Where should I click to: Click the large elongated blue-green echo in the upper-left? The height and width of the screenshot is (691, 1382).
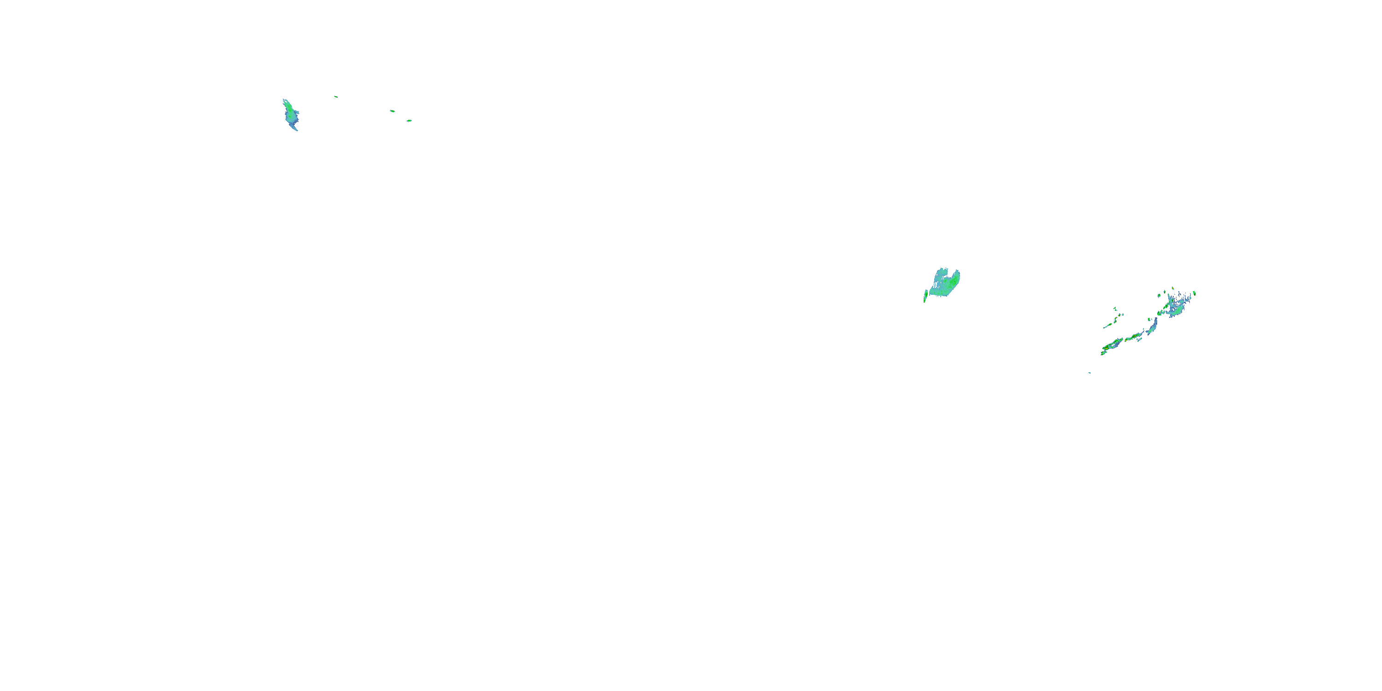click(290, 114)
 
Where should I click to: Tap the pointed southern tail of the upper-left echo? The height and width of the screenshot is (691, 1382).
click(296, 129)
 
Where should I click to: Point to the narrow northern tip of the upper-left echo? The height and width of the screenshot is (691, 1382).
click(284, 100)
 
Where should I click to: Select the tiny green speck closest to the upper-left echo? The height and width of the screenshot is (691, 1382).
click(336, 97)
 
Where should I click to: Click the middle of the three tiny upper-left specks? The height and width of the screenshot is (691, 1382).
click(392, 111)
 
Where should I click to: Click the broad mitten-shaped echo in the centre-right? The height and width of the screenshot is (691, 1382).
click(945, 284)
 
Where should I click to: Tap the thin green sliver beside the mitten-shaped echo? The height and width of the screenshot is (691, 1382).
click(925, 296)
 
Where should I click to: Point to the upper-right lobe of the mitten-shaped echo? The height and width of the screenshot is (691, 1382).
click(955, 275)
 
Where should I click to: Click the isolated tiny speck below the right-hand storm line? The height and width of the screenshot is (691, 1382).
click(1089, 372)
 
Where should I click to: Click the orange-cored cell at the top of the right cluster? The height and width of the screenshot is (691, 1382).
click(1173, 288)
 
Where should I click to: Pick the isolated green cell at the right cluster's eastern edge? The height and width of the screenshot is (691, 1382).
click(1194, 293)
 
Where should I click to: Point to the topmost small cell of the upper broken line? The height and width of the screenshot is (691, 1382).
click(1115, 308)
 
